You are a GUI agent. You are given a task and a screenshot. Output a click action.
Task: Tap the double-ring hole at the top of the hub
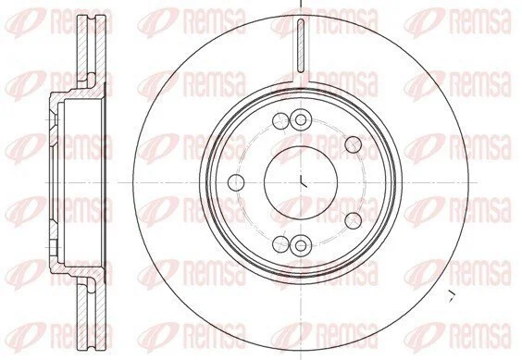coord(301,120)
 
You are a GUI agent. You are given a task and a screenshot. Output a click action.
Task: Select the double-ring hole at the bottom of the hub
coord(301,245)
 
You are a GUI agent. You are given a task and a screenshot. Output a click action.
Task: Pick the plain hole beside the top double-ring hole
coord(281,120)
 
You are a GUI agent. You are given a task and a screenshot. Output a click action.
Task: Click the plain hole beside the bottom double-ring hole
coord(281,244)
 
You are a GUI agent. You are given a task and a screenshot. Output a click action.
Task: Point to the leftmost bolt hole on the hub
coord(237,182)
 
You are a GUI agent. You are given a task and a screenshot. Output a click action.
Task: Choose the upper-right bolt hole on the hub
coord(354,144)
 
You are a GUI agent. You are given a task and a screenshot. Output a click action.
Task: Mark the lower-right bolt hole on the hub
coord(354,221)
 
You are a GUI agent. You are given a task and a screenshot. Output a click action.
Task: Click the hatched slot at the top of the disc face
coord(301,45)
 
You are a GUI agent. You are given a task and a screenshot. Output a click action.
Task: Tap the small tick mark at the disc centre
coord(303,180)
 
